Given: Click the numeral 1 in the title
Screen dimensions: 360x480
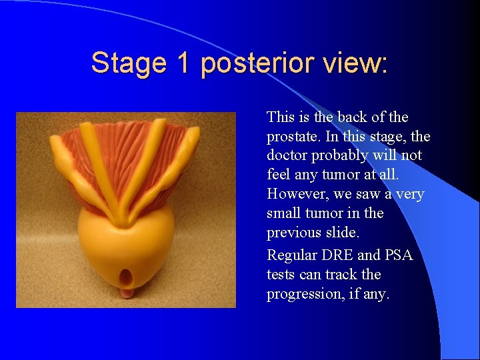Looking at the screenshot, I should pyautogui.click(x=183, y=63).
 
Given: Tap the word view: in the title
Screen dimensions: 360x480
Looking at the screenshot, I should pyautogui.click(x=357, y=63).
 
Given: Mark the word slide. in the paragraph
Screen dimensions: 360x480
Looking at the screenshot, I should pyautogui.click(x=342, y=233).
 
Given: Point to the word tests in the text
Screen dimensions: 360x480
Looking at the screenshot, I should pyautogui.click(x=280, y=274).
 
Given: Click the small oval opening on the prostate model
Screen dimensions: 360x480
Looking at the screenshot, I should pyautogui.click(x=124, y=275).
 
